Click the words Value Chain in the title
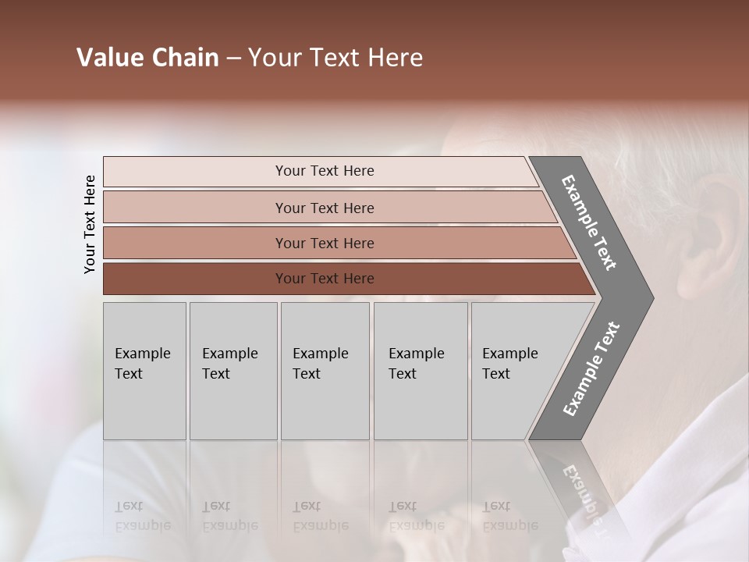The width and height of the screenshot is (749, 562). (147, 58)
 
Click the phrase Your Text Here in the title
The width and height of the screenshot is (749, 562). (335, 58)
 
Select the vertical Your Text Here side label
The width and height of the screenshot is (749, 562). (90, 224)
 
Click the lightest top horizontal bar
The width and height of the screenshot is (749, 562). (324, 171)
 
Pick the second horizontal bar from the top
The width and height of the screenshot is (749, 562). (324, 208)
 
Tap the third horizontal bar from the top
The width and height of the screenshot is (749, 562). (324, 243)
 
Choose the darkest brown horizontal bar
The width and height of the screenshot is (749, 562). (324, 279)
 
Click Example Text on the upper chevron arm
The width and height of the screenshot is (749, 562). (589, 222)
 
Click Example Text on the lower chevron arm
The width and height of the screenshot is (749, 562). (591, 368)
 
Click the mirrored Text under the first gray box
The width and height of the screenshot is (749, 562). (129, 507)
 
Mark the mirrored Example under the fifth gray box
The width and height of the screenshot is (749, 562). (509, 525)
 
